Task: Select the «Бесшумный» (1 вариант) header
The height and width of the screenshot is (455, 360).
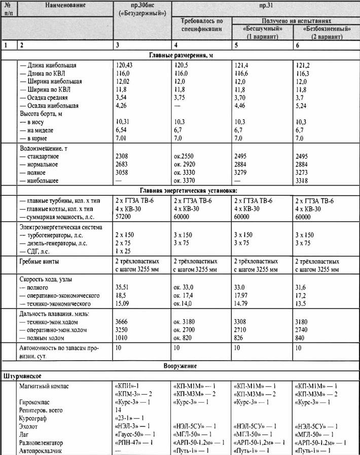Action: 261,33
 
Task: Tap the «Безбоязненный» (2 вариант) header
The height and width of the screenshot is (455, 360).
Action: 322,33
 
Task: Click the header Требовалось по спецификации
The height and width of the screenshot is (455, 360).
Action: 202,25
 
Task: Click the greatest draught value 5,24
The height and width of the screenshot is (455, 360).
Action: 301,106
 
